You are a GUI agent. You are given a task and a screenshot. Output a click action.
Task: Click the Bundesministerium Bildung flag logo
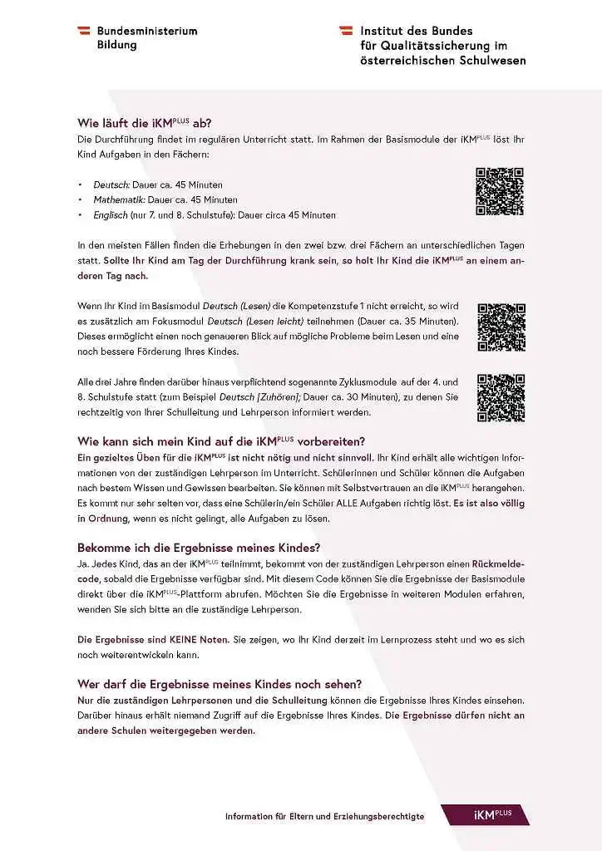click(85, 31)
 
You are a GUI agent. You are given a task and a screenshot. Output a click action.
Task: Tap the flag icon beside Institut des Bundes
click(346, 31)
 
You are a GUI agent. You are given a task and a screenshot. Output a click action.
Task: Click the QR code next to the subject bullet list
click(499, 192)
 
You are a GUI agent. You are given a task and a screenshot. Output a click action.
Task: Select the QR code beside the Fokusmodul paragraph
click(501, 327)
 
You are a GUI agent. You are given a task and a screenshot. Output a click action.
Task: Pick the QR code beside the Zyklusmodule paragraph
click(501, 397)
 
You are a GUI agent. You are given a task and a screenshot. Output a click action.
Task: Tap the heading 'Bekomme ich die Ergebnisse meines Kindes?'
click(199, 548)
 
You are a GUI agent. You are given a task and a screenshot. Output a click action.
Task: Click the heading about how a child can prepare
click(221, 441)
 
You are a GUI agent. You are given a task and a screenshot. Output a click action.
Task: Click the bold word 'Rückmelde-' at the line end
click(498, 564)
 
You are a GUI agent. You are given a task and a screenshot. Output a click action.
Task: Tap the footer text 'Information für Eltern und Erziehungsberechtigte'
click(324, 816)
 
